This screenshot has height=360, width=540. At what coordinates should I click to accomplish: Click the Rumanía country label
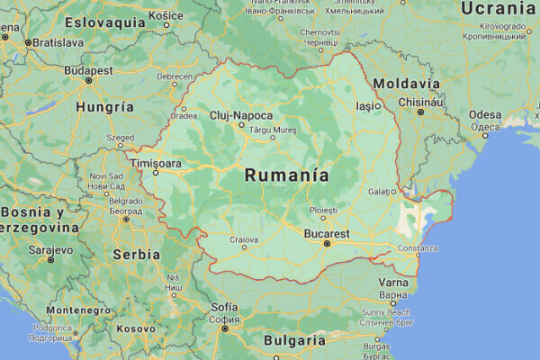click(286, 175)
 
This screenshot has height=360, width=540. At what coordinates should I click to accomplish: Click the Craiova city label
click(243, 239)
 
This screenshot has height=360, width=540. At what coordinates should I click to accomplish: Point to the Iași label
click(368, 105)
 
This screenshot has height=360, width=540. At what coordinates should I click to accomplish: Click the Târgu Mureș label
click(272, 130)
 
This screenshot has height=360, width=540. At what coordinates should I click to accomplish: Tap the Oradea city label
click(184, 115)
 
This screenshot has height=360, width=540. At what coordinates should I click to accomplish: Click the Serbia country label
click(136, 254)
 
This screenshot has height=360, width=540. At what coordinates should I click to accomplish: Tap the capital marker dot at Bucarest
click(327, 243)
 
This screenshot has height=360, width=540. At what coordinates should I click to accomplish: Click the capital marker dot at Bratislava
click(28, 42)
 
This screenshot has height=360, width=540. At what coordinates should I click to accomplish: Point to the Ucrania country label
click(499, 8)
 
